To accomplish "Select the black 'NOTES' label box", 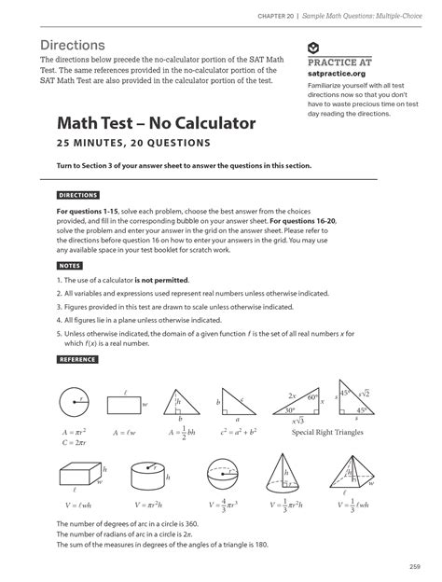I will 70,266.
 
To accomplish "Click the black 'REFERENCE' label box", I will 77,359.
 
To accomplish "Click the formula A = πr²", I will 73,433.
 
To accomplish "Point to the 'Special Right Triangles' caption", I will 327,433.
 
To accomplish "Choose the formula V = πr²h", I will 149,505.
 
